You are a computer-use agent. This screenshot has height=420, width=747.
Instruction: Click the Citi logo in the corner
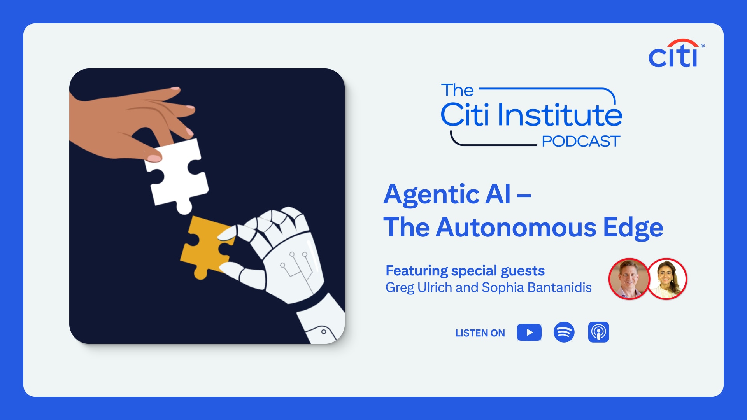[676, 53]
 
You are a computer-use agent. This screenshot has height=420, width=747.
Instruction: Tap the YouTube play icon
[529, 332]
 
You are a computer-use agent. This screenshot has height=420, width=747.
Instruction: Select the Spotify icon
[564, 332]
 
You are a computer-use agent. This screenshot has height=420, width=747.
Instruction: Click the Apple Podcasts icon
[598, 332]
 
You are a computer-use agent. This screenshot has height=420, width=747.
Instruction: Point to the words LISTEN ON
[480, 333]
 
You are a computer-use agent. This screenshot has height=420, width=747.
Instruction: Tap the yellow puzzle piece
[206, 247]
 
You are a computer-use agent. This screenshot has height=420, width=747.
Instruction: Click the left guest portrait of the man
[629, 279]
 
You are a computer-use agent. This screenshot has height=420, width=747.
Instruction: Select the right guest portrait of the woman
[667, 279]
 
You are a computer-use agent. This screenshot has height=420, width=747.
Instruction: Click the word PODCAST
[581, 141]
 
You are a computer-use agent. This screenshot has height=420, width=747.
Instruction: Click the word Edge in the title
[633, 228]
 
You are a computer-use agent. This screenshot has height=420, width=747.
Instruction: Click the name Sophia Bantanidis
[537, 287]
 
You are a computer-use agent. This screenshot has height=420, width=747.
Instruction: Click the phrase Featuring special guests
[465, 271]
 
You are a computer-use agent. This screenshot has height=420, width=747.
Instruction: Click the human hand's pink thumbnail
[154, 158]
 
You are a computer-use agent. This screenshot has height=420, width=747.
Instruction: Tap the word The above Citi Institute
[457, 90]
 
